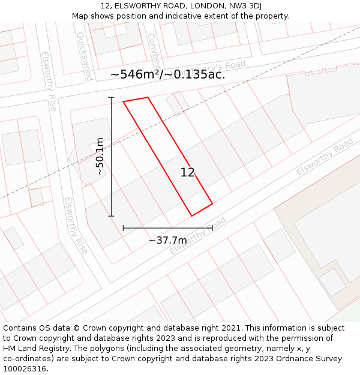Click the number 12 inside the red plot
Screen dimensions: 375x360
[x=187, y=173]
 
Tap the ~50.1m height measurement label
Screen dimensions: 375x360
[x=100, y=157]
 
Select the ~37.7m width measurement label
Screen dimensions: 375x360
[x=167, y=241]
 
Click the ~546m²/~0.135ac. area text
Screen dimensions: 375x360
[x=168, y=74]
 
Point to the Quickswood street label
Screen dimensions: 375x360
[x=84, y=56]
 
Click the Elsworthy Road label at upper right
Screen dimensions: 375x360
[x=325, y=157]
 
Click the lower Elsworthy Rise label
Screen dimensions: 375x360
[x=76, y=225]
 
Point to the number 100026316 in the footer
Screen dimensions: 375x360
[x=25, y=368]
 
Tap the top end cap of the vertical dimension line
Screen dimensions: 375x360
[x=111, y=97]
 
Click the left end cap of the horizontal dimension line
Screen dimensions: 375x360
[x=123, y=228]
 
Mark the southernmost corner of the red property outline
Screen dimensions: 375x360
[x=191, y=216]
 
